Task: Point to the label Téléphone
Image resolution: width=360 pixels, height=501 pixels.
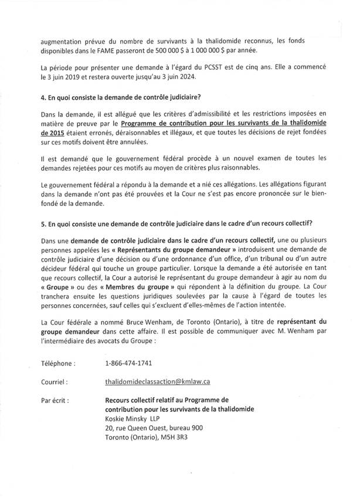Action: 58,363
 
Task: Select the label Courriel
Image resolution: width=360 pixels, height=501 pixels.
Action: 53,381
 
